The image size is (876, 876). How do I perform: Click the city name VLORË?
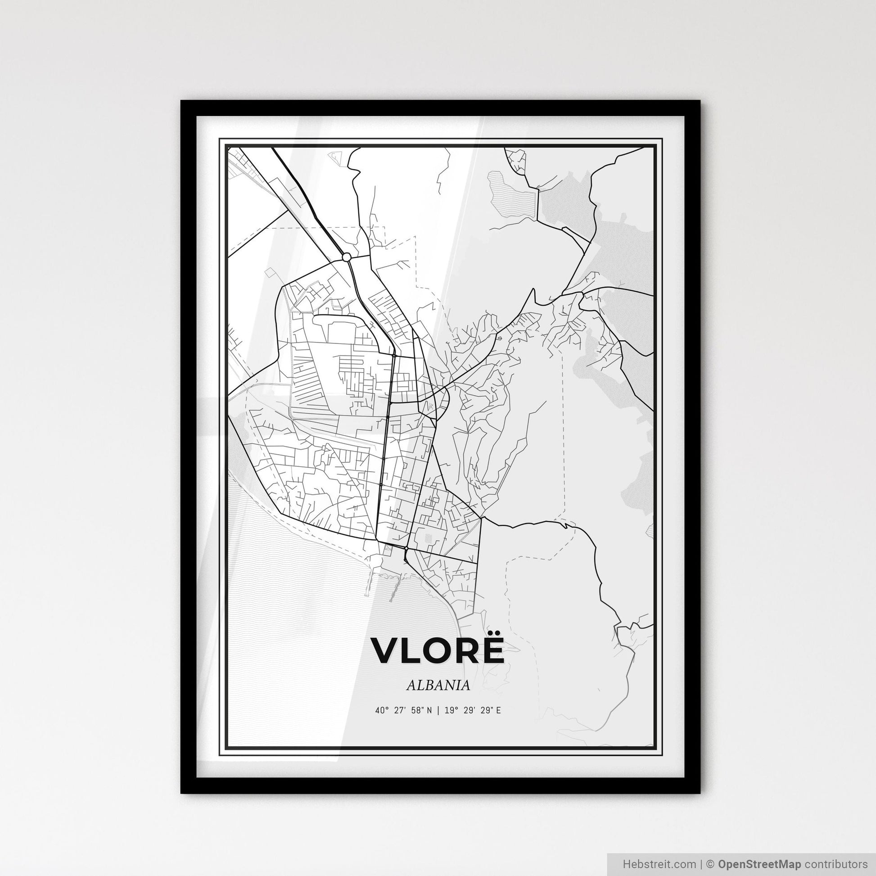click(x=438, y=651)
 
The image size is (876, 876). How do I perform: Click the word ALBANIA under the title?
click(x=438, y=686)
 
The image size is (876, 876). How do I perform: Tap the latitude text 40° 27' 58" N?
click(x=403, y=710)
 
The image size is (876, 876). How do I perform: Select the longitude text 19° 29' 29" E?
click(x=473, y=710)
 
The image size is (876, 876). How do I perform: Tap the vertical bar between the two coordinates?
click(x=438, y=710)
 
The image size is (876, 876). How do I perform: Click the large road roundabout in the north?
click(x=347, y=257)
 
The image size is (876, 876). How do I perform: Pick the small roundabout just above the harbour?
click(x=406, y=549)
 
